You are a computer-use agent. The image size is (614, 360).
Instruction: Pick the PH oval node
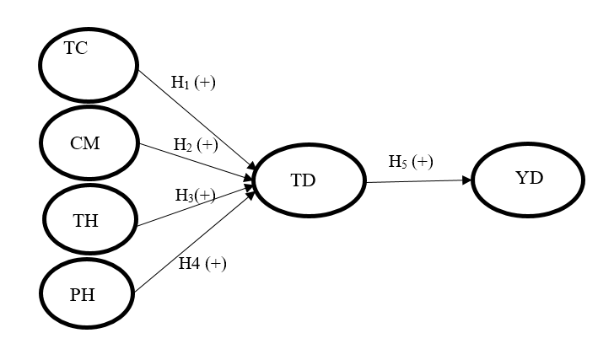[x=87, y=293]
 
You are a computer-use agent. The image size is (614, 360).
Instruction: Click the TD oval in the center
[x=308, y=180]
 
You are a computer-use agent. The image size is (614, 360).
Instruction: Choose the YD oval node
[x=528, y=180]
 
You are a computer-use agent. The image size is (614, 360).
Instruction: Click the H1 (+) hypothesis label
[x=193, y=83]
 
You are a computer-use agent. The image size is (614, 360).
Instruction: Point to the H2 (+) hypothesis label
[x=196, y=144]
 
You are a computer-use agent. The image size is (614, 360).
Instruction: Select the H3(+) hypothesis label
[x=195, y=195]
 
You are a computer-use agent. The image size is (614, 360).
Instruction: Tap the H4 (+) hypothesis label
[x=202, y=263]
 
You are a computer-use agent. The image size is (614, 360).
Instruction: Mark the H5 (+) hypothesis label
[x=410, y=162]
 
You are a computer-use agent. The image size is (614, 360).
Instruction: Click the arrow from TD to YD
[x=417, y=180]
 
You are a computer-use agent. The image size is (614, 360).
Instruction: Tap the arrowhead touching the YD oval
[x=466, y=180]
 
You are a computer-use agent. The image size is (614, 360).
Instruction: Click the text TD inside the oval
[x=303, y=180]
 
